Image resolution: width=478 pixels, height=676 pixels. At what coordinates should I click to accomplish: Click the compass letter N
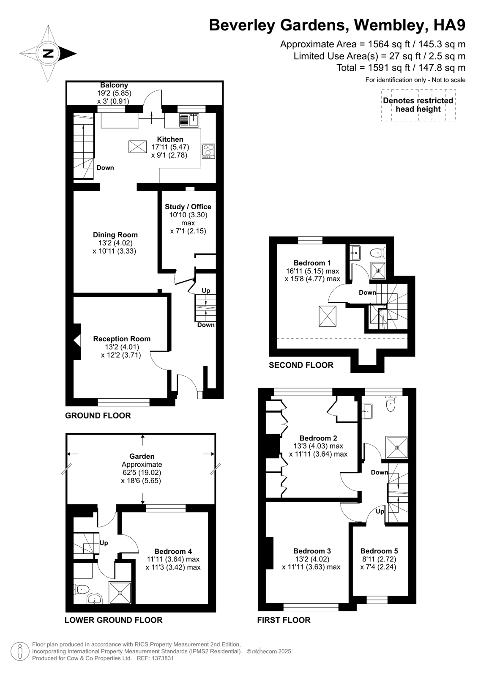[x=48, y=53]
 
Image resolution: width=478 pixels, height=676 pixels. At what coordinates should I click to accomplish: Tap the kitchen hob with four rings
[x=208, y=151]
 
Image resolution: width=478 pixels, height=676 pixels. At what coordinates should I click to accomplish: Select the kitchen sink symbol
[x=189, y=120]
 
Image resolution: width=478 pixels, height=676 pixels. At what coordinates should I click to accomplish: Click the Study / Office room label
[x=188, y=207]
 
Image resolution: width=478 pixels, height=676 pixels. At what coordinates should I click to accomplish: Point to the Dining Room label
[x=115, y=235]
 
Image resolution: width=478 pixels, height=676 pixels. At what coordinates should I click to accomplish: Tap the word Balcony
[x=114, y=85]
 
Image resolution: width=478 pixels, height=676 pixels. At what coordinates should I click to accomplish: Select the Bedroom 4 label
[x=173, y=551]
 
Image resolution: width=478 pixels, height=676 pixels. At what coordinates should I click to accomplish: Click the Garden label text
[x=142, y=457]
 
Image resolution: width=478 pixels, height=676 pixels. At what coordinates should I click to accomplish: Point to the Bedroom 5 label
[x=379, y=551]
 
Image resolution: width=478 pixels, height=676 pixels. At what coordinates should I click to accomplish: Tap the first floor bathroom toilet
[x=391, y=404]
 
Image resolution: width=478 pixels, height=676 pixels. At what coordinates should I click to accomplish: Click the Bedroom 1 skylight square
[x=328, y=316]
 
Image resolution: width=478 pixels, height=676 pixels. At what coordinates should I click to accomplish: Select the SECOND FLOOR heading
[x=301, y=365]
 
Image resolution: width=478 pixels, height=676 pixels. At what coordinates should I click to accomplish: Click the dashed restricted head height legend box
[x=418, y=105]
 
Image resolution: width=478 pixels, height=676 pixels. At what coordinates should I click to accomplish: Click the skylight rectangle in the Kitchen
[x=137, y=147]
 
